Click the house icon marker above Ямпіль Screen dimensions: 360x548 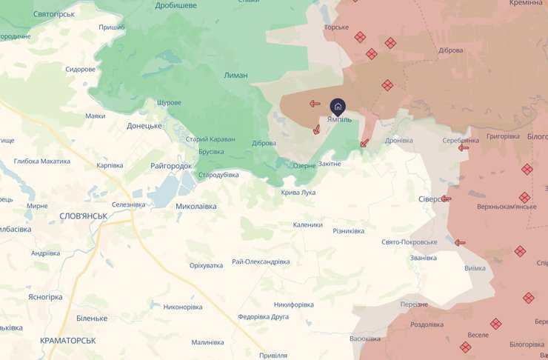coord(338,106)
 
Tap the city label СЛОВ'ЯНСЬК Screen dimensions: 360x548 coord(84,216)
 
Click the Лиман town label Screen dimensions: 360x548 coord(235,76)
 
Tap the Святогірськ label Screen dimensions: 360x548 coord(54,14)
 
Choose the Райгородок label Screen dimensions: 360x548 coord(171,166)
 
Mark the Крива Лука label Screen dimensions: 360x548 coord(298,193)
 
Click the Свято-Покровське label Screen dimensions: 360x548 coord(410,242)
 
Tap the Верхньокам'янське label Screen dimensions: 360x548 coord(507,206)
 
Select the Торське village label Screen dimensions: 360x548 coord(336,28)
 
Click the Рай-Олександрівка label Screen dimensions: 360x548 coord(261,261)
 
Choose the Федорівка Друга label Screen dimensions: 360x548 coord(263,316)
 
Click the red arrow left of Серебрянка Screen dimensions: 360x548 coord(464,147)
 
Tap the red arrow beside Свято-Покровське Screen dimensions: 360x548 coord(460,242)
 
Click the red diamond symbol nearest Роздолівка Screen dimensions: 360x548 coord(465,347)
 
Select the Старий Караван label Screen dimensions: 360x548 coord(210,139)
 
